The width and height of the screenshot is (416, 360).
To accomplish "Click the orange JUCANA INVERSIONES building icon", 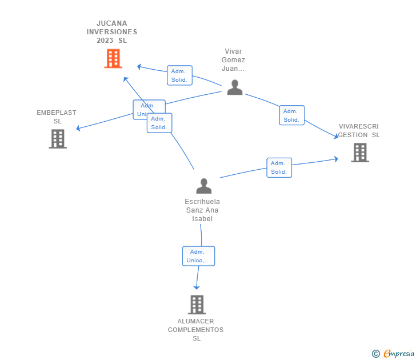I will pyautogui.click(x=113, y=58).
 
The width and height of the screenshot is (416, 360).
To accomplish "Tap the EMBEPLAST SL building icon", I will pyautogui.click(x=58, y=139).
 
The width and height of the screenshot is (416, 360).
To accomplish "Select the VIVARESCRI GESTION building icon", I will pyautogui.click(x=359, y=153).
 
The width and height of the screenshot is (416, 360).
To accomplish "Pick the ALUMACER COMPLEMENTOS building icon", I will pyautogui.click(x=197, y=305).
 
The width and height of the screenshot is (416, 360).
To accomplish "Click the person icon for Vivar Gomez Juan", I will pyautogui.click(x=235, y=87).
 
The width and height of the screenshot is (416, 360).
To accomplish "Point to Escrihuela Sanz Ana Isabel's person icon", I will pyautogui.click(x=203, y=186).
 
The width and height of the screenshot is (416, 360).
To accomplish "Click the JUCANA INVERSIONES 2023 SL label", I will pyautogui.click(x=113, y=32).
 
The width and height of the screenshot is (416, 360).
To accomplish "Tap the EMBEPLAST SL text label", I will pyautogui.click(x=57, y=117).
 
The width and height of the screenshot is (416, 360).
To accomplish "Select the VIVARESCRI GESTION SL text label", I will pyautogui.click(x=359, y=130).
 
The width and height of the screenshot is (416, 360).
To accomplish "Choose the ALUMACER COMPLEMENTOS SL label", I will pyautogui.click(x=196, y=330).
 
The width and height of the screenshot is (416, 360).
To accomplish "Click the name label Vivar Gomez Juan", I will pyautogui.click(x=234, y=60).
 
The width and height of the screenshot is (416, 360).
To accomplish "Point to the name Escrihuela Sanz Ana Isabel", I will pyautogui.click(x=202, y=210).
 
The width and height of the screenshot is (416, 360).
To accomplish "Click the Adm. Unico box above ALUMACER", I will pyautogui.click(x=198, y=256).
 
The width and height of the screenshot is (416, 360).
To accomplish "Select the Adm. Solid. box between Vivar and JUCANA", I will pyautogui.click(x=179, y=75).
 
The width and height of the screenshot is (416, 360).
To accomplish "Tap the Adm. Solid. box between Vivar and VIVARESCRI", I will pyautogui.click(x=291, y=115).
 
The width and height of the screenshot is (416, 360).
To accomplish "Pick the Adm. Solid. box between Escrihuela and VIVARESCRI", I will pyautogui.click(x=279, y=167).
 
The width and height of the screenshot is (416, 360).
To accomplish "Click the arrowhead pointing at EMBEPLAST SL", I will pyautogui.click(x=78, y=129).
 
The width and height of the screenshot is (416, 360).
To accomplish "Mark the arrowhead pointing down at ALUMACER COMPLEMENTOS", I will pyautogui.click(x=197, y=287).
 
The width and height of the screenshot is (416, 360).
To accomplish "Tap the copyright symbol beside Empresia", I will pyautogui.click(x=376, y=354).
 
